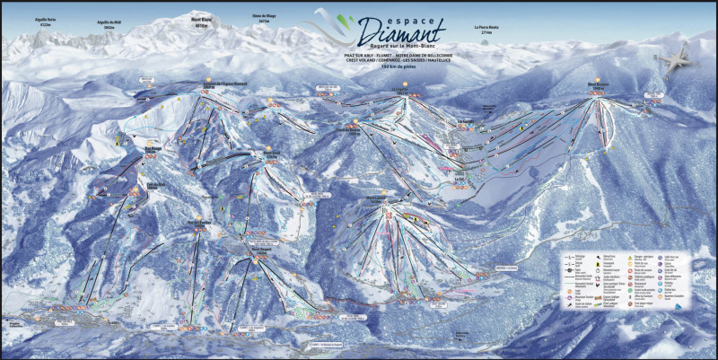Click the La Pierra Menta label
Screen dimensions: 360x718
pyautogui.click(x=487, y=28)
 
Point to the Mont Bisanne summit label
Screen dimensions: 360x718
pyautogui.click(x=599, y=86)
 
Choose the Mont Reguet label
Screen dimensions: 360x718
pyautogui.click(x=260, y=249)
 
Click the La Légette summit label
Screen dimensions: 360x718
pyautogui.click(x=399, y=91)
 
